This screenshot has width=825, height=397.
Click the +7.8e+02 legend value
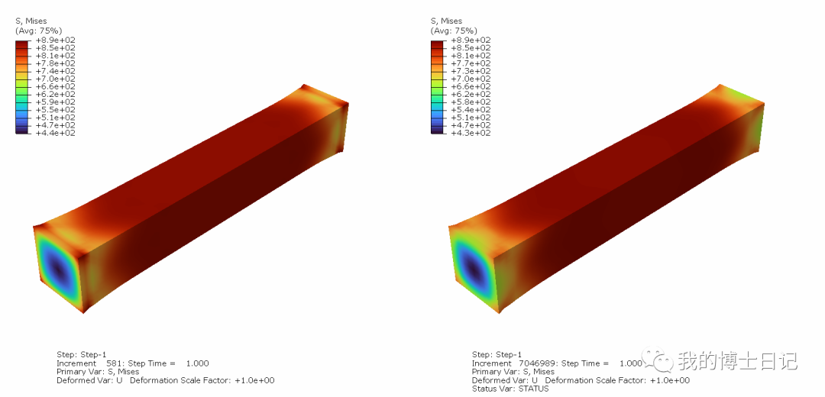(x=55, y=63)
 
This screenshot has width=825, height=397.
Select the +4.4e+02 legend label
(x=55, y=133)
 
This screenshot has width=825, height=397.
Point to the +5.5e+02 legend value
(x=55, y=110)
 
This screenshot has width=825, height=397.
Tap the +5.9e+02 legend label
(x=55, y=102)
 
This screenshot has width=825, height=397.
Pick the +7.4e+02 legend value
(x=55, y=71)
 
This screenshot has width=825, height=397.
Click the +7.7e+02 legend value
(x=471, y=63)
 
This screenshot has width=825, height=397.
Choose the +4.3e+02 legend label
(x=471, y=133)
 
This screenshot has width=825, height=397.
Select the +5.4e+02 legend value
(x=471, y=110)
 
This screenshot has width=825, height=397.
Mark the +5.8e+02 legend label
(x=471, y=102)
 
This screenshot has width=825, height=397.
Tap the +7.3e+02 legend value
(x=471, y=71)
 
